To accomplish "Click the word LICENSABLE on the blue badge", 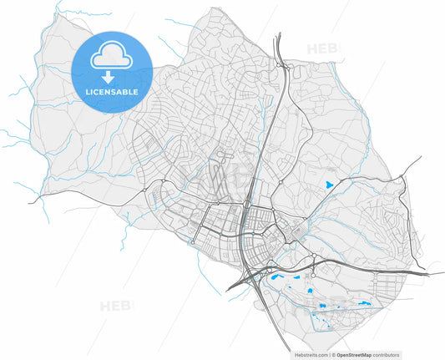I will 112,90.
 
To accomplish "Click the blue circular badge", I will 112,72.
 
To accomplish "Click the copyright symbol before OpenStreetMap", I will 333,354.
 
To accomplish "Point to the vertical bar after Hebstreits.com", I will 329,354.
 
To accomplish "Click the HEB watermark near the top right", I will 322,48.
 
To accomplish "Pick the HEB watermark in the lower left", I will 115,306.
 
